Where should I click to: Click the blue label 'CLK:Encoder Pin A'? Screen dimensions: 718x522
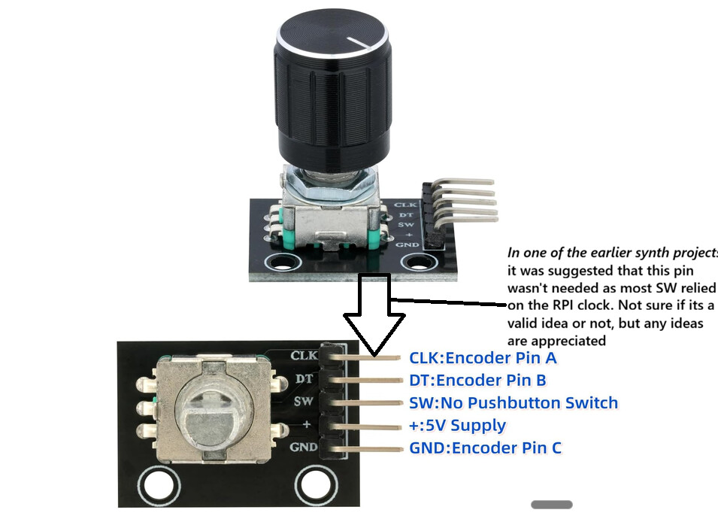click(x=483, y=358)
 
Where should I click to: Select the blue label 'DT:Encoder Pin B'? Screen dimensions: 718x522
click(x=477, y=381)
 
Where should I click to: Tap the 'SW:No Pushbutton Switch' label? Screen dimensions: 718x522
click(x=514, y=403)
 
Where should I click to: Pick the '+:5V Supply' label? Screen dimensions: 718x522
click(x=457, y=425)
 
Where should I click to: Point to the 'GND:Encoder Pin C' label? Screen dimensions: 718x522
click(x=485, y=448)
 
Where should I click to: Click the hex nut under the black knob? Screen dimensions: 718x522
click(x=330, y=182)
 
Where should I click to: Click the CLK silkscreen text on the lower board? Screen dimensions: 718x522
click(x=304, y=355)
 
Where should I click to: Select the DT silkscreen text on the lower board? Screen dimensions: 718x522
click(x=304, y=378)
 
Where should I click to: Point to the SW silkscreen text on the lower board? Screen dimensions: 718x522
click(x=303, y=402)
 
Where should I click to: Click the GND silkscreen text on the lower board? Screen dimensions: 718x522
click(x=303, y=447)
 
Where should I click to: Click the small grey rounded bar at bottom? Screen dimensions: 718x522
click(x=552, y=505)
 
